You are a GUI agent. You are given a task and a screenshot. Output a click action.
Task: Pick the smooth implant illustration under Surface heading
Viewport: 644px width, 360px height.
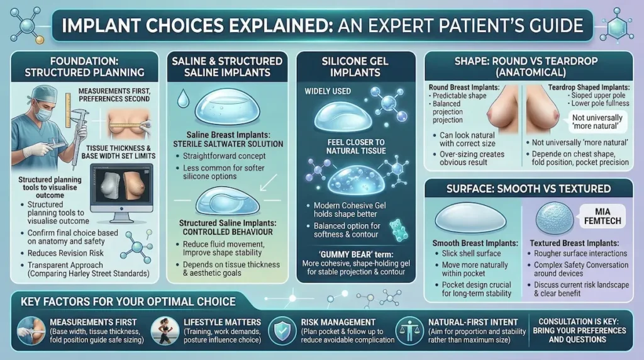470,218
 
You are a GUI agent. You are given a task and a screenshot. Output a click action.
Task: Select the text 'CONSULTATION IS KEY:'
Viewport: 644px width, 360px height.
582,320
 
